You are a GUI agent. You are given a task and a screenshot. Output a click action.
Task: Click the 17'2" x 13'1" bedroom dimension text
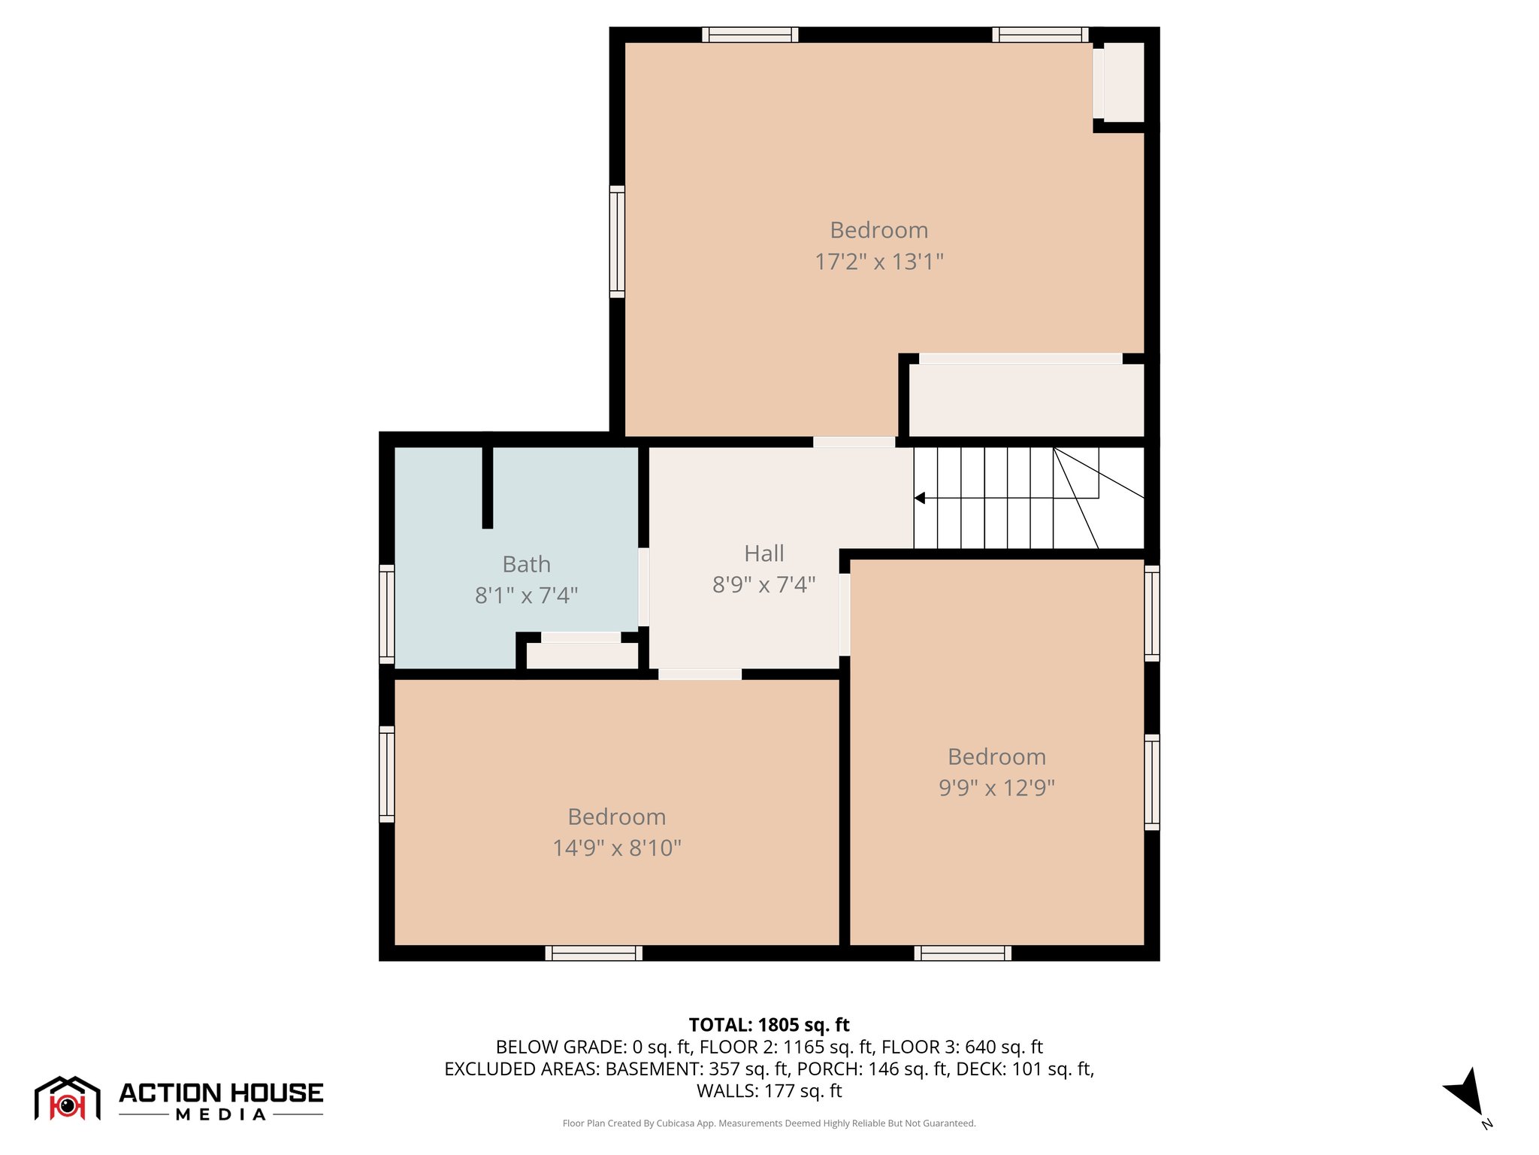878,262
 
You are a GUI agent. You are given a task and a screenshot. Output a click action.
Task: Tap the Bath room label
526,564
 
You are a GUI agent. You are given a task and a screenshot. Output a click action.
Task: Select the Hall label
763,553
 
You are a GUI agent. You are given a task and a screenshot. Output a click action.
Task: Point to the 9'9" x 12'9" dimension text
996,788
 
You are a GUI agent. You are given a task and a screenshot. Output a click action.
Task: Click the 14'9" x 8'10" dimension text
616,848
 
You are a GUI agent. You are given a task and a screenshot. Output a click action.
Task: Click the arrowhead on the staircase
919,498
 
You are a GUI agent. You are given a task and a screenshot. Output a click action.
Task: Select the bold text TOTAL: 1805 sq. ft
769,1025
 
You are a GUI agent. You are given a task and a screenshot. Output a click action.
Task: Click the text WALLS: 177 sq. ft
769,1090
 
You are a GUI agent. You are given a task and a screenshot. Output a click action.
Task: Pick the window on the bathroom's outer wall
386,614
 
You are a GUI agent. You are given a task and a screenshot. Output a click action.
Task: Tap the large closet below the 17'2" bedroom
1026,399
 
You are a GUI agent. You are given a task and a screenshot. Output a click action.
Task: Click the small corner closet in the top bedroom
1123,83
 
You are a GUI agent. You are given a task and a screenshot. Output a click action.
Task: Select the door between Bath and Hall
643,587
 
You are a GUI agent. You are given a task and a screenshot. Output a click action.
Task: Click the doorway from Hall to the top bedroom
854,442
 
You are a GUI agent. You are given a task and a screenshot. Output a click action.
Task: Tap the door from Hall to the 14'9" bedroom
700,675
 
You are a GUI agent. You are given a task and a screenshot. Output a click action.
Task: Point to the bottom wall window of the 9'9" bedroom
963,953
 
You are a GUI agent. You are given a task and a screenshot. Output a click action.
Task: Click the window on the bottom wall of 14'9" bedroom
594,953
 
